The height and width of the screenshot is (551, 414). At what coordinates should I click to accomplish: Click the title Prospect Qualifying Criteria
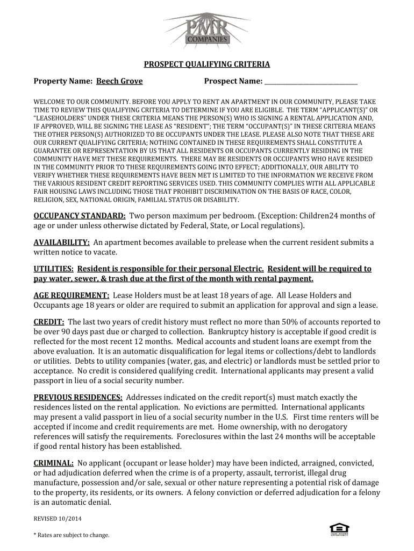click(x=206, y=65)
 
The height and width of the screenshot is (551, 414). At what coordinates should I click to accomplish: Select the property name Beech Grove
click(x=119, y=81)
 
